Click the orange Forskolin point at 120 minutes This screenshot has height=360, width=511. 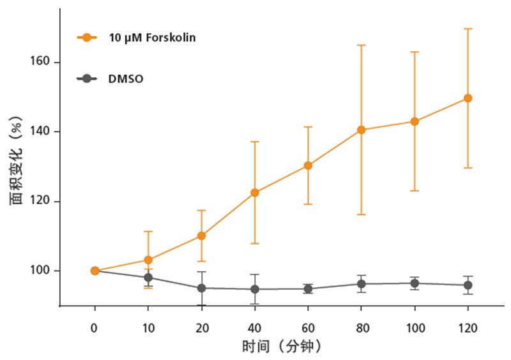pos(468,98)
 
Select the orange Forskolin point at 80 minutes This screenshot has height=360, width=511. pos(361,130)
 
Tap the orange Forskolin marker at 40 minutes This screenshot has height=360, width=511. pos(255,192)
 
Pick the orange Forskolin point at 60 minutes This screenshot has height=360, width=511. pos(308,165)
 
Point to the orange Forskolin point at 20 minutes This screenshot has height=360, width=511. pos(201,236)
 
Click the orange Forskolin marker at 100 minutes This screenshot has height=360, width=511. pos(415,121)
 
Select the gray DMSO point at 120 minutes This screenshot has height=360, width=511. pos(468,285)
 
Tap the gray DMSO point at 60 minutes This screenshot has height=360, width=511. pos(308,289)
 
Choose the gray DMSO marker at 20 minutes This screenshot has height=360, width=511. pos(201,288)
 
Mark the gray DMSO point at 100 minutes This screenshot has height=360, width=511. pos(415,283)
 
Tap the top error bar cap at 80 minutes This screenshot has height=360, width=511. pos(361,45)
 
